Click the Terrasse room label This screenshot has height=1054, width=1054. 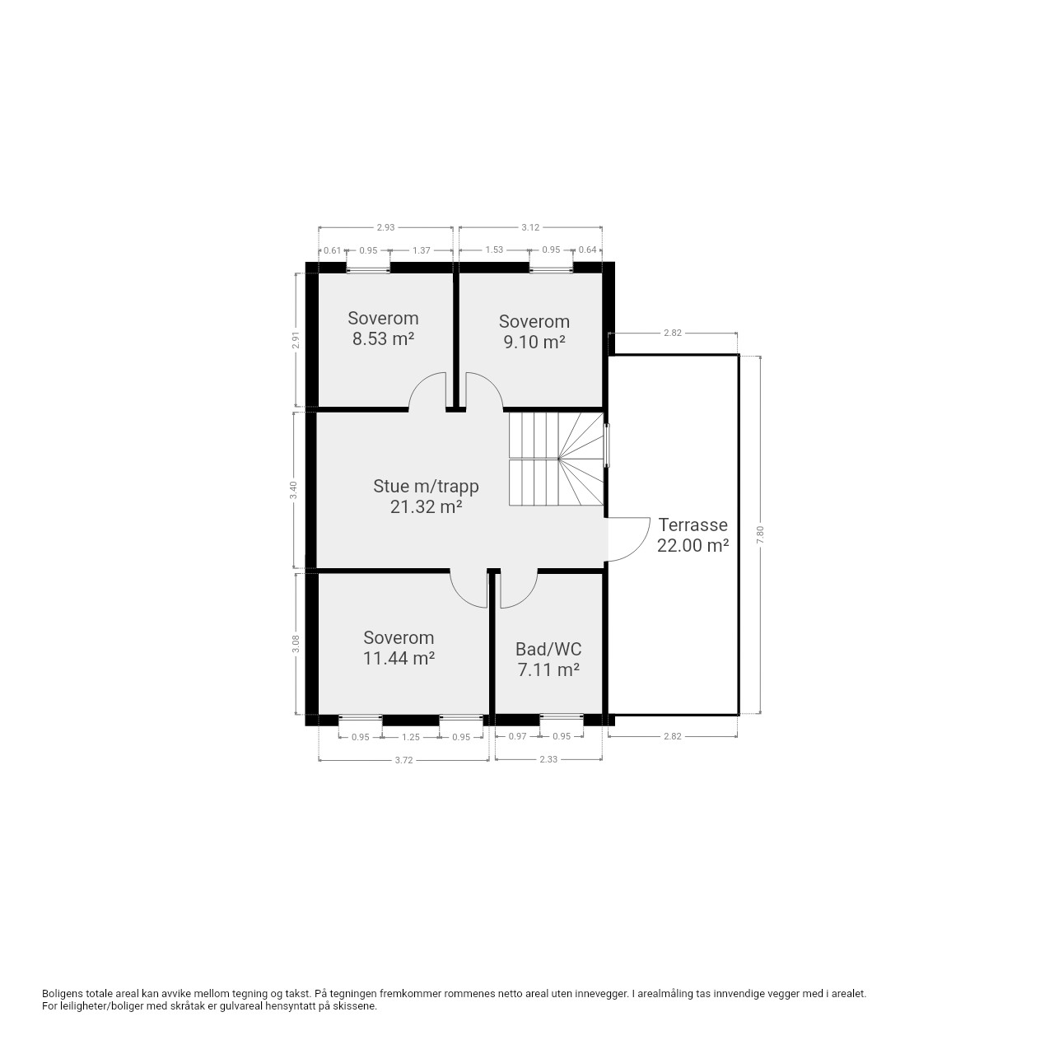(693, 525)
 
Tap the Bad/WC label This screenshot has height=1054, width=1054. (548, 649)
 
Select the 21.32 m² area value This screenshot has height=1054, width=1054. (426, 507)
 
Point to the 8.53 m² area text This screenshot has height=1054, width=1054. (383, 339)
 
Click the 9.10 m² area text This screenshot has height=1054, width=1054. (534, 342)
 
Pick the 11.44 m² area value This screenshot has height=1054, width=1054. (399, 658)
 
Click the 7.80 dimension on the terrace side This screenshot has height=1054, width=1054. (759, 534)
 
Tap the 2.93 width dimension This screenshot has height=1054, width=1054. (385, 227)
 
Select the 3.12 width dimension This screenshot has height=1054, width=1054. (530, 227)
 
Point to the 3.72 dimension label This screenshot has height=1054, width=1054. (403, 760)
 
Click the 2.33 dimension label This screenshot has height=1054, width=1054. (548, 759)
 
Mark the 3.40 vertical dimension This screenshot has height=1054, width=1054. (294, 489)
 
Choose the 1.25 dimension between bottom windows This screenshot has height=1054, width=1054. (411, 737)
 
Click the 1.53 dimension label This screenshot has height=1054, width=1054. (494, 250)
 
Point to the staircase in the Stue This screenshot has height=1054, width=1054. (556, 459)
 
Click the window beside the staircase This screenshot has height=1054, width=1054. (606, 445)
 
